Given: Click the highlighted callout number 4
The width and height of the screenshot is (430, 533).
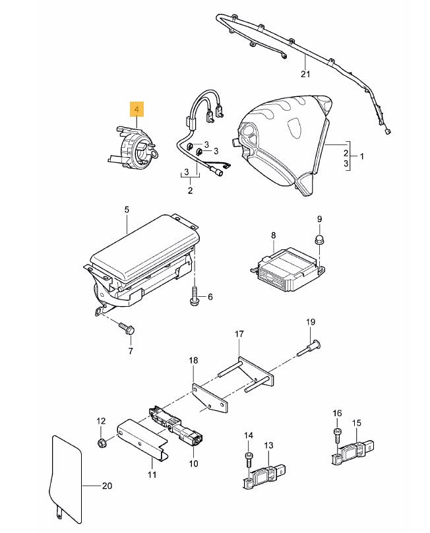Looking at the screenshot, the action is tap(137, 110).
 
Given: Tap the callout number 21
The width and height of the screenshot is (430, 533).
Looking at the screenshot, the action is tap(305, 74).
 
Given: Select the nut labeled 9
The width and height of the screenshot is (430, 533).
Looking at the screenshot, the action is tap(319, 239).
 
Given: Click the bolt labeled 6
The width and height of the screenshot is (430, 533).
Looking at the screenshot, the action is tap(194, 296).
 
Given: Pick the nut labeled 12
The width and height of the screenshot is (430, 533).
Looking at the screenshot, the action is tap(101, 443).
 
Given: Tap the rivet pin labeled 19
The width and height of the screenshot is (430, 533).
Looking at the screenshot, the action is tap(310, 348).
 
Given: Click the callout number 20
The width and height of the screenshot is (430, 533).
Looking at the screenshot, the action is tap(107, 486).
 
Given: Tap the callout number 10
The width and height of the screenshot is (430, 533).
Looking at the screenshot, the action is tap(193, 463).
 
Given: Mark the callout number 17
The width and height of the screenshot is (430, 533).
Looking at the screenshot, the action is tap(239, 334).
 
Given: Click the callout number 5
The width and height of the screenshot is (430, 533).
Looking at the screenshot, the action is tap(127, 210).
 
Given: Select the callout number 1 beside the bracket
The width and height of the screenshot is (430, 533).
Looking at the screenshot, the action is tap(361, 156).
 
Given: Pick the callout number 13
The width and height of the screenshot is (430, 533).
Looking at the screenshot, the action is tap(268, 445).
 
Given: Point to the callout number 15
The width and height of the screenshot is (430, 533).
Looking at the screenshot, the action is tap(357, 423).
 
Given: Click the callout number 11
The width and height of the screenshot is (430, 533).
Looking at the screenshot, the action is tap(152, 474).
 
